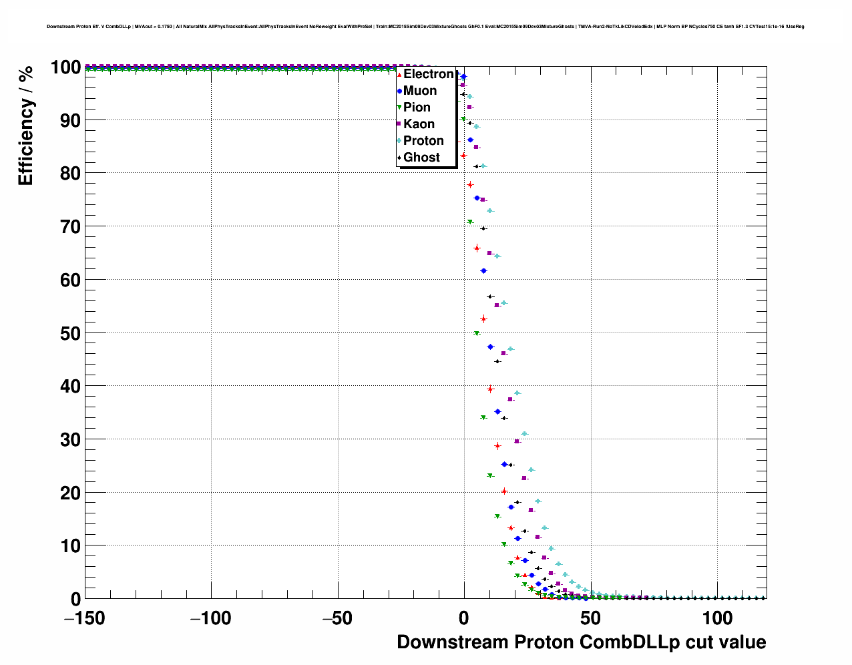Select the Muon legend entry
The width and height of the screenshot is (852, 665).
[x=419, y=91]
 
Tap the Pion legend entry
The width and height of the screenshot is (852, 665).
[x=417, y=107]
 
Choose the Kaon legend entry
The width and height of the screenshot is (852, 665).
[x=419, y=124]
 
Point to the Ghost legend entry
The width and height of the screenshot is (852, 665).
[x=421, y=158]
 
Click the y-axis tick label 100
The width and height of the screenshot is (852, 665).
[x=65, y=67]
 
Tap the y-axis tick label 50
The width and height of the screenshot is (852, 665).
[x=70, y=333]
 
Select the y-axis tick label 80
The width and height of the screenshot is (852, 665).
[x=70, y=174]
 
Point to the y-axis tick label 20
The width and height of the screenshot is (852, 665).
[x=70, y=493]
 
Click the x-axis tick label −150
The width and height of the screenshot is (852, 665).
[x=85, y=618]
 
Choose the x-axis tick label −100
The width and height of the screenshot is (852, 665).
[x=211, y=618]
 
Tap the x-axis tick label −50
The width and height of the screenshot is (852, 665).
[x=337, y=618]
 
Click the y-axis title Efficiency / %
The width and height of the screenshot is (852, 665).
[x=25, y=126]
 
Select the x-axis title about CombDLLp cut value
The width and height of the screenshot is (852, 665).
[x=581, y=642]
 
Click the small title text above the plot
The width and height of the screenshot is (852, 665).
[x=425, y=27]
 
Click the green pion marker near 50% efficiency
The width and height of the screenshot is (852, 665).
[x=477, y=333]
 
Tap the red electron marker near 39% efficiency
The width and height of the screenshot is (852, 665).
[x=490, y=389]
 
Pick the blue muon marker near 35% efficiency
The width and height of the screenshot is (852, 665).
[x=497, y=411]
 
